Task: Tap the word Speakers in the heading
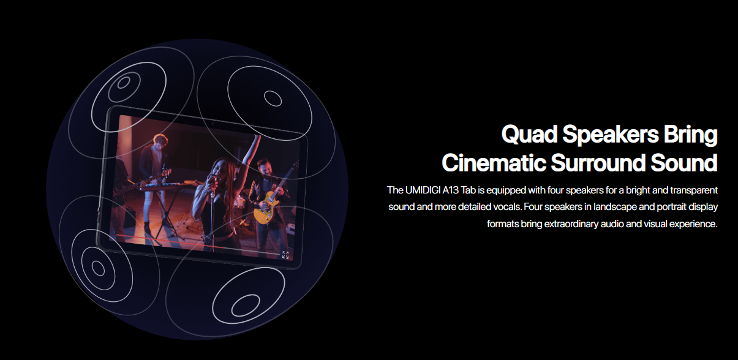[610, 134]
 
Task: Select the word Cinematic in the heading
[494, 163]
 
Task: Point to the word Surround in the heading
[598, 163]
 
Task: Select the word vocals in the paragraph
[506, 207]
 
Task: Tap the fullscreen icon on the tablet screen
[285, 255]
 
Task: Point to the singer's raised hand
[257, 138]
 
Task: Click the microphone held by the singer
[214, 180]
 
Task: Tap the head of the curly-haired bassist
[160, 141]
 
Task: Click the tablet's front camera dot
[213, 124]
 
